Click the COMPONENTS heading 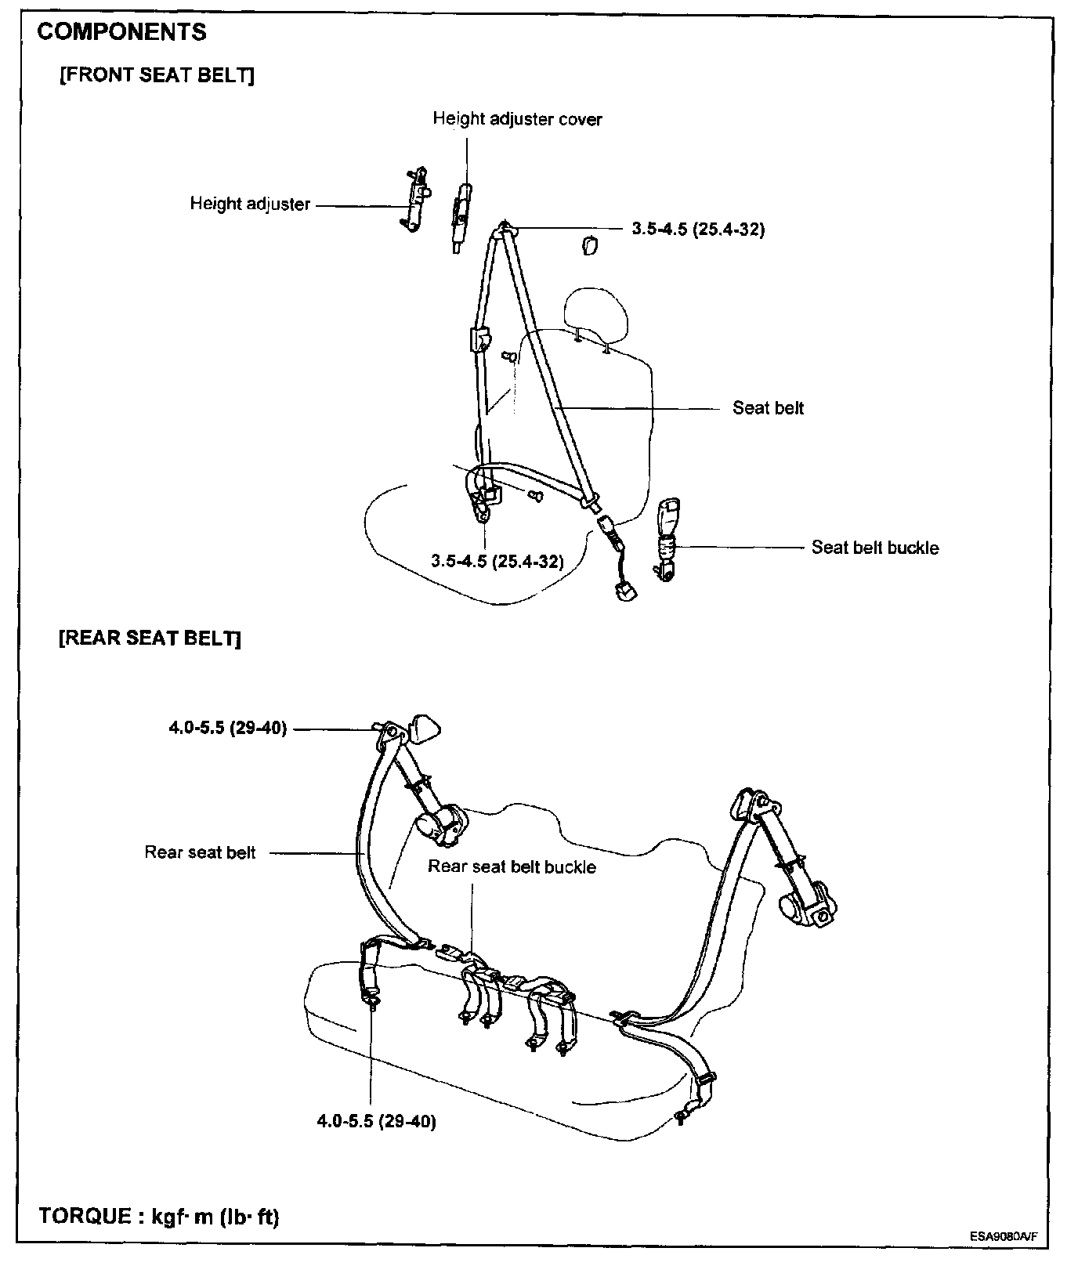[x=121, y=32]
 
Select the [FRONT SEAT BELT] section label [x=157, y=75]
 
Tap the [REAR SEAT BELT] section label [x=150, y=638]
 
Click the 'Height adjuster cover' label [x=517, y=119]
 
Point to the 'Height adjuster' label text [x=250, y=204]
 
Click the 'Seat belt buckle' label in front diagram [x=874, y=548]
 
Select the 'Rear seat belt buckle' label [x=512, y=867]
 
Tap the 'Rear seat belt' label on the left [x=200, y=852]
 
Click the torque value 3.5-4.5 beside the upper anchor [x=698, y=230]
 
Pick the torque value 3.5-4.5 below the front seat [x=497, y=561]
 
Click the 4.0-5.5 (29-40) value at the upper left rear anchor [x=228, y=729]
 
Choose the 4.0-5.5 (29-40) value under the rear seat [x=376, y=1121]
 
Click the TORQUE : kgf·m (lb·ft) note [x=159, y=1217]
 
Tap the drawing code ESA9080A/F [x=1004, y=1237]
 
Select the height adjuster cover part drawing [x=460, y=215]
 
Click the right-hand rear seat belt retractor [x=807, y=900]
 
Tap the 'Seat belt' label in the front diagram [x=768, y=408]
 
